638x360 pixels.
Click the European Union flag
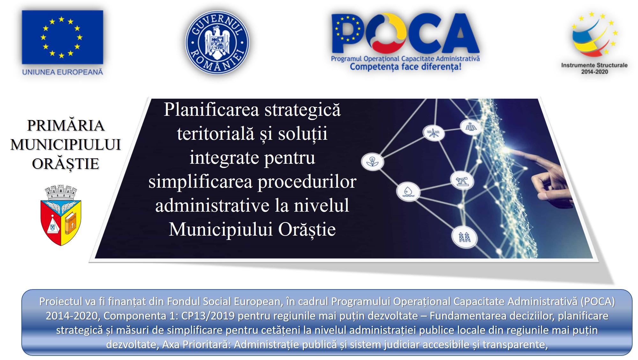coord(63,37)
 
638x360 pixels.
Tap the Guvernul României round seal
coord(217,42)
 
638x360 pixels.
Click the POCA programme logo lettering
coord(405,33)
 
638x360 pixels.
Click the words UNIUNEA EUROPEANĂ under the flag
coord(63,72)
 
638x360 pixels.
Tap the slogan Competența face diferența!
coord(405,67)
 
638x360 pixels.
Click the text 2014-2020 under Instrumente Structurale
coord(595,72)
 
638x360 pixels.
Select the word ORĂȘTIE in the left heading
coord(65,164)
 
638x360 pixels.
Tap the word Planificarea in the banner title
coord(211,110)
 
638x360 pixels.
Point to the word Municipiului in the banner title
coord(221,230)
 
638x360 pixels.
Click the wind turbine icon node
coord(434,133)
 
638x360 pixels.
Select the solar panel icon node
coord(471,127)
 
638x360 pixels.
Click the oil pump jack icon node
coord(462,181)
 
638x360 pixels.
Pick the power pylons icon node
coord(464,237)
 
